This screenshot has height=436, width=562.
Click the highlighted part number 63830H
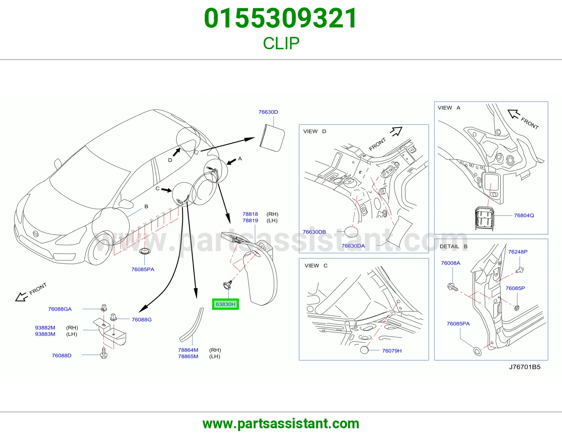[x=225, y=304]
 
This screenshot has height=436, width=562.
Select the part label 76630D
[x=268, y=112]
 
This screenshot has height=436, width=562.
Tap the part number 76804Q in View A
[x=524, y=216]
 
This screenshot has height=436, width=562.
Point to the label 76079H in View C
[x=392, y=351]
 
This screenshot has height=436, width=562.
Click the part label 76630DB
[x=314, y=232]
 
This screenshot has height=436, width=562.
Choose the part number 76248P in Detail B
[x=518, y=252]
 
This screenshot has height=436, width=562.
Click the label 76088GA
[x=60, y=309]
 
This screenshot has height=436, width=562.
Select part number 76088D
[x=61, y=355]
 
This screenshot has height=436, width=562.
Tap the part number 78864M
[x=188, y=350]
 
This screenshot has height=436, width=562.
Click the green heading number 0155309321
[x=281, y=18]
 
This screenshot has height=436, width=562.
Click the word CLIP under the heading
[x=281, y=43]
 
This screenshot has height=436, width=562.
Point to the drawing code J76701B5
[x=525, y=367]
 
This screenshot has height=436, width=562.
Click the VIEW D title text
[x=315, y=131]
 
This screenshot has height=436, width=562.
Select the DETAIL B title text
[x=453, y=246]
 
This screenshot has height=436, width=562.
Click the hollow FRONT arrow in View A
[x=514, y=114]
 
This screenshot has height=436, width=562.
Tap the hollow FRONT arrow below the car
[x=21, y=297]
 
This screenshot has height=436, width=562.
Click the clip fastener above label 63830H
[x=227, y=285]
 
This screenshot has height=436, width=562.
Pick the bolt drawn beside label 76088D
[x=104, y=353]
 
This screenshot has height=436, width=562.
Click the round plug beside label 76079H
[x=364, y=350]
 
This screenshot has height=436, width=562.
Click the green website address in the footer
[x=281, y=424]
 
